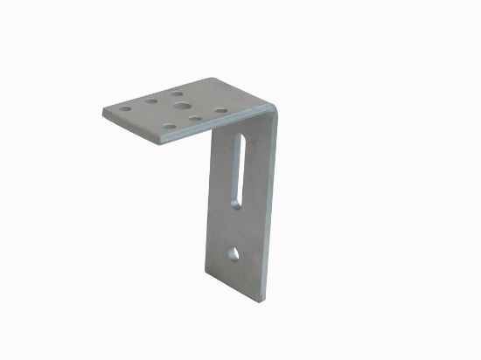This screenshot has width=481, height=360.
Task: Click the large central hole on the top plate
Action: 181,106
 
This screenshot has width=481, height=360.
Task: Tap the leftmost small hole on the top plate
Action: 125,110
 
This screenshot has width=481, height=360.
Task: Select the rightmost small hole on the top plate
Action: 220,111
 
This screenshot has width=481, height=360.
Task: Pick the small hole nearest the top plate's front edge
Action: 170,126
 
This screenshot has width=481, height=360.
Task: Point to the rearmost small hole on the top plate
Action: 178,92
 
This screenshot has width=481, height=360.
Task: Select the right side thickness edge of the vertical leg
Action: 268,210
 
